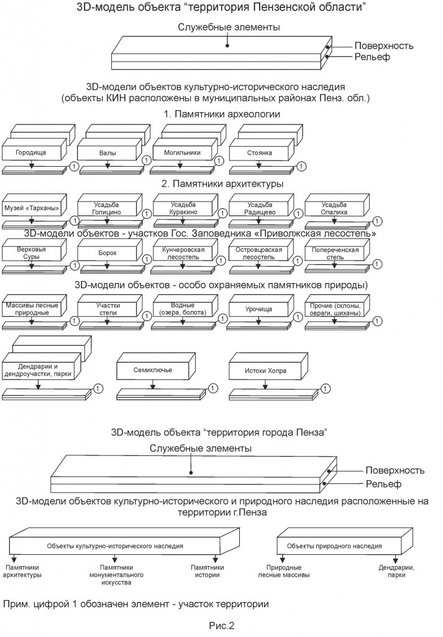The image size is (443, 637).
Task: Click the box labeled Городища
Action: pos(30,152)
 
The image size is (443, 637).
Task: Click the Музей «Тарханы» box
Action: pos(31,208)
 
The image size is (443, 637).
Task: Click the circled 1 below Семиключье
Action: pos(212,389)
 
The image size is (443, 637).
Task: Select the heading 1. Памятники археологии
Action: pos(222,114)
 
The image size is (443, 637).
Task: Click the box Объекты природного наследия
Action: pos(334,546)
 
